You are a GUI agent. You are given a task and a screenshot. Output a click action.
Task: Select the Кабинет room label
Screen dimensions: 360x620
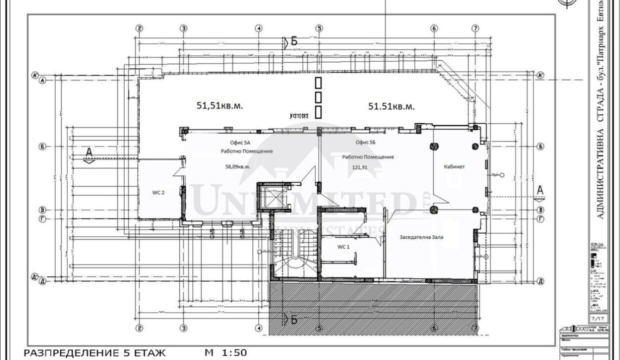454,166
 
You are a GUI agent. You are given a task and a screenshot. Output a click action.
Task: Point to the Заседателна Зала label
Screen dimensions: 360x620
421,237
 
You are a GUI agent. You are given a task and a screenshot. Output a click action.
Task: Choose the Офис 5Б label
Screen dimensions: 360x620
365,142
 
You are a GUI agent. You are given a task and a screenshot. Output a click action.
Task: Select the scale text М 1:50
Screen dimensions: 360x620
225,352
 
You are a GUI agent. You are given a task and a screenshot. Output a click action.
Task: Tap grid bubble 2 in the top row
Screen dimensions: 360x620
139,28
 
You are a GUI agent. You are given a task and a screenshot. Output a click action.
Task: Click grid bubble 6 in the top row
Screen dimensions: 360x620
433,28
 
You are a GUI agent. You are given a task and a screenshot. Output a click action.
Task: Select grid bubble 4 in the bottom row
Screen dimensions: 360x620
258,328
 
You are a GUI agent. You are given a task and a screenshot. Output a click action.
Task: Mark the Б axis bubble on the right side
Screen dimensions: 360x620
540,147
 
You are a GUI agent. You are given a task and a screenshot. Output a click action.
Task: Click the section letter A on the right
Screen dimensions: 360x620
539,190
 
